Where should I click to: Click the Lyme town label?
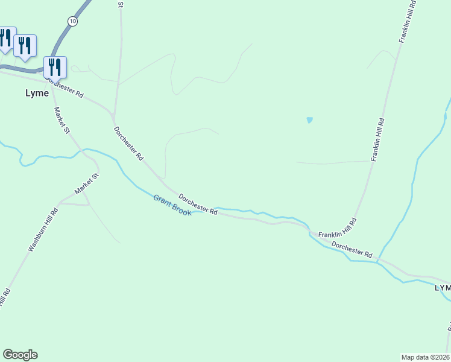pyautogui.click(x=36, y=94)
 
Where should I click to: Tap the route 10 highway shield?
pyautogui.click(x=73, y=21)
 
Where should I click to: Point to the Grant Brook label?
pyautogui.click(x=172, y=205)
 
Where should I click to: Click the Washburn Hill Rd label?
pyautogui.click(x=43, y=230)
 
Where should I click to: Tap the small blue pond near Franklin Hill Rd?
pyautogui.click(x=310, y=120)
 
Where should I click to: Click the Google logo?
pyautogui.click(x=20, y=355)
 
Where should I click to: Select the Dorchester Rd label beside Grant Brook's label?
pyautogui.click(x=198, y=203)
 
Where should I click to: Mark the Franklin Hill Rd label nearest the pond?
pyautogui.click(x=377, y=139)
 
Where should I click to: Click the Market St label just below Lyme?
pyautogui.click(x=62, y=122)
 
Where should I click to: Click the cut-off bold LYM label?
pyautogui.click(x=443, y=288)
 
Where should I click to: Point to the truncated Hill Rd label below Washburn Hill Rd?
pyautogui.click(x=5, y=297)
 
